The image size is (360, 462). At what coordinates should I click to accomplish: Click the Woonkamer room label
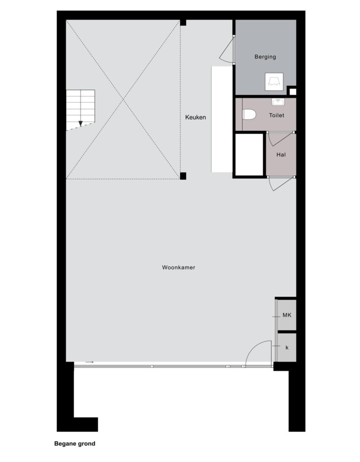pos(179,268)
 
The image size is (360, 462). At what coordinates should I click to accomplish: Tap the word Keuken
pos(196,117)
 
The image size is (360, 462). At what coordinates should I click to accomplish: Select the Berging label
pos(265,57)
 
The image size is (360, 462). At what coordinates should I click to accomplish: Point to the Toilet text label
pos(277,115)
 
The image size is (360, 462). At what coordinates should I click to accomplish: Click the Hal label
pos(281,155)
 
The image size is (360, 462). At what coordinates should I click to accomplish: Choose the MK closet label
pos(287,315)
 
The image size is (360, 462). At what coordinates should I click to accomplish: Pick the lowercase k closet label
pos(287,348)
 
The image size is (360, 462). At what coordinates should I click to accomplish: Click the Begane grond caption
pos(75,444)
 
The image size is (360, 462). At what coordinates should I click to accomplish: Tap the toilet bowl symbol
pos(249,115)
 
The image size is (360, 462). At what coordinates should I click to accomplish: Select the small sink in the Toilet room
pos(278,102)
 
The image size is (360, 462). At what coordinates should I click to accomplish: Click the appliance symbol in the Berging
pos(274,82)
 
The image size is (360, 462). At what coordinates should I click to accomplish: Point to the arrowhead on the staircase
pos(80,124)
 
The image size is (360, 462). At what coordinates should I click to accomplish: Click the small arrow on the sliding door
pos(90,362)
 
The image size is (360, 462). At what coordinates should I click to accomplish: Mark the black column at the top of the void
pos(183,23)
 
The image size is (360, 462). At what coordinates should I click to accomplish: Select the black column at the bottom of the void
pos(183,176)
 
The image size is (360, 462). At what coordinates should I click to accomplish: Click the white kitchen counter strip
pos(222,119)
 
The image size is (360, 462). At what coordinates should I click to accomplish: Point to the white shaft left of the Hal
pos(249,155)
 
